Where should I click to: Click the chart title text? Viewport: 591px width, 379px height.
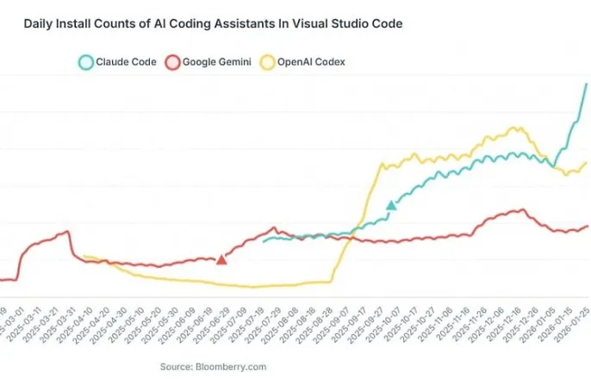(x=213, y=24)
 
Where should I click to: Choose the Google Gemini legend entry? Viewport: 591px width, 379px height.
(x=206, y=62)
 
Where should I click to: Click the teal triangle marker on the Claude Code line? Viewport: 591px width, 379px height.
(x=392, y=205)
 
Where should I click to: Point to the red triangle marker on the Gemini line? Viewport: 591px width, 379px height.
(x=221, y=259)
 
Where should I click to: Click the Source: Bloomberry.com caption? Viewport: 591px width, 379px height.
(x=213, y=367)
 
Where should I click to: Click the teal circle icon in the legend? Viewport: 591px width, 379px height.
(x=85, y=62)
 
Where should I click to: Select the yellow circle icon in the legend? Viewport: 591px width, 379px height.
(x=268, y=62)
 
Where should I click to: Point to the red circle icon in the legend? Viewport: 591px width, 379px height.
(x=172, y=62)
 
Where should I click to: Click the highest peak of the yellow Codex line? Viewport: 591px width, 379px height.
(x=515, y=128)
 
